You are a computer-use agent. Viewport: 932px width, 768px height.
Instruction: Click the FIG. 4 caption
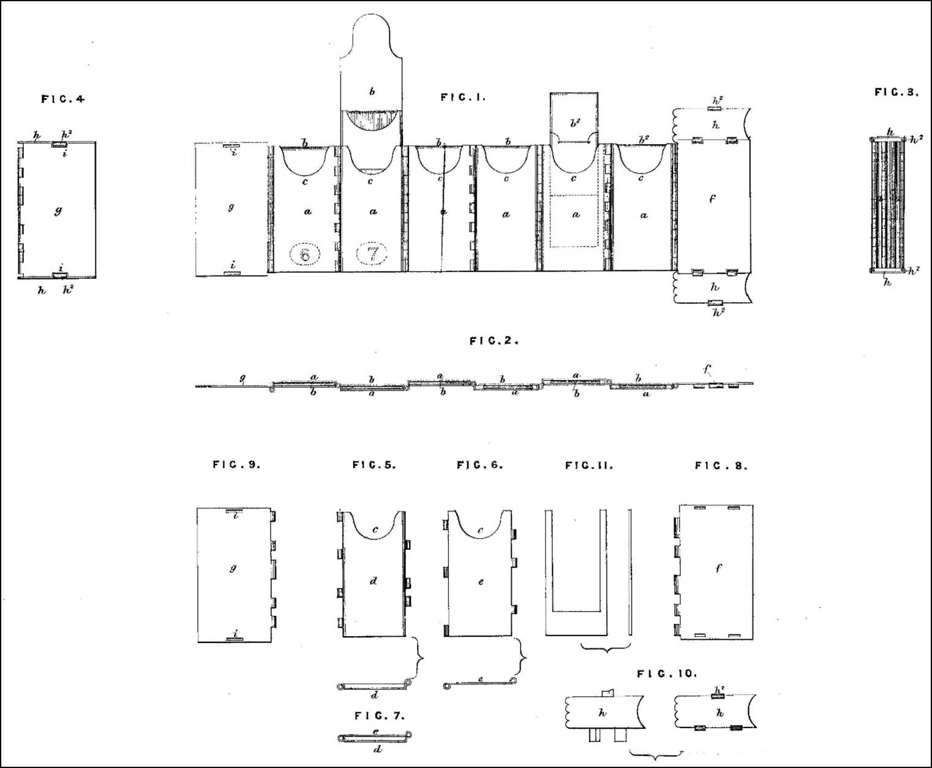click(62, 99)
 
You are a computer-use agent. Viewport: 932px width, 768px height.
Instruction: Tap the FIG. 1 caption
click(462, 97)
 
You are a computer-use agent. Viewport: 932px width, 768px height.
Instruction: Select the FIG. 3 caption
click(896, 93)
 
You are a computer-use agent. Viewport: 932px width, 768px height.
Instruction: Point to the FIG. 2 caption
click(494, 341)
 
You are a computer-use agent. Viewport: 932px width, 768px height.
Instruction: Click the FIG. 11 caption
click(588, 466)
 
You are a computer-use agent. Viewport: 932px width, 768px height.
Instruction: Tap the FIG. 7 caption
click(380, 715)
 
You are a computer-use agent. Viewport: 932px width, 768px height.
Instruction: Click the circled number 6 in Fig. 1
click(304, 253)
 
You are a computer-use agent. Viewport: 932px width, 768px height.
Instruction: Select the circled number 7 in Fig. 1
click(372, 253)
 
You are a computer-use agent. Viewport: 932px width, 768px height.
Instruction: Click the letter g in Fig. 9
click(233, 568)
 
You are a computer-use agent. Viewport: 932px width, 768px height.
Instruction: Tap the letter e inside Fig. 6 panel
click(481, 581)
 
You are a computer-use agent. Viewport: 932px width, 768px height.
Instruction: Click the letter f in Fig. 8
click(718, 568)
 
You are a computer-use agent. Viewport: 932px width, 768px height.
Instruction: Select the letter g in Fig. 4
click(58, 212)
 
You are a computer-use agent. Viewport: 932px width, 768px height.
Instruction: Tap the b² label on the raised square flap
click(574, 123)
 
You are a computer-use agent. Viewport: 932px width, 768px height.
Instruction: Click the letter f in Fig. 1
click(712, 199)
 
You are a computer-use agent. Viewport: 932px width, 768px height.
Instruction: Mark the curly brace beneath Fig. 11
click(605, 647)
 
